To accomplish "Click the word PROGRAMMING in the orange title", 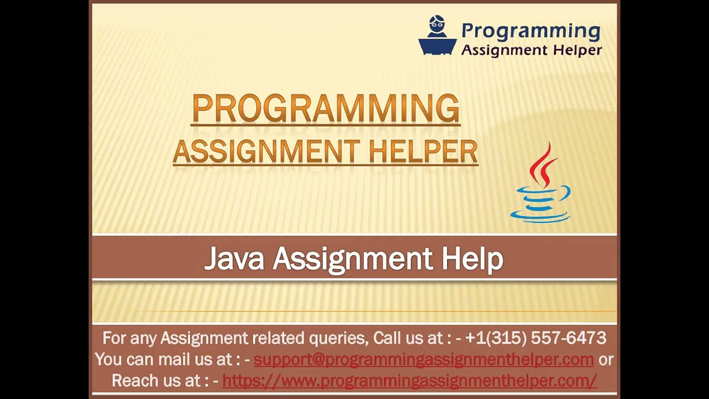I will point(326,109).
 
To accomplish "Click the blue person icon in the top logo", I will point(437,35).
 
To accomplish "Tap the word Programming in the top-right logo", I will point(531,31).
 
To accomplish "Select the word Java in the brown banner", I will point(234,259).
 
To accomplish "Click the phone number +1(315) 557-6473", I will point(536,337).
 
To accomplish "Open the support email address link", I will point(424,359).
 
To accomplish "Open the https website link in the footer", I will point(409,381).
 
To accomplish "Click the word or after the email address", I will point(606,359).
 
